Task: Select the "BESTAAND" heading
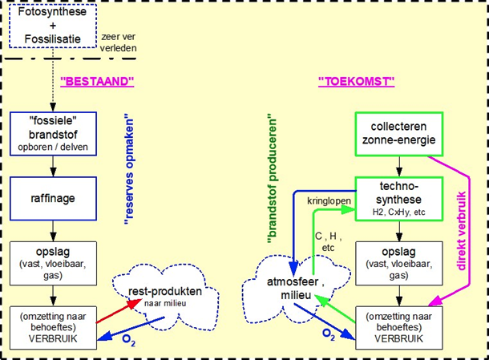96,81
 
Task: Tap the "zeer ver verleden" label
120,42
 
